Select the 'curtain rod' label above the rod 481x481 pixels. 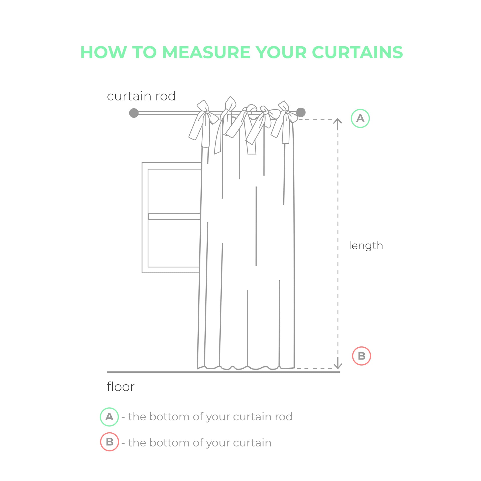pyautogui.click(x=141, y=96)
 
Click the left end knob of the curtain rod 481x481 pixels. pyautogui.click(x=134, y=113)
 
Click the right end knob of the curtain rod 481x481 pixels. pyautogui.click(x=301, y=112)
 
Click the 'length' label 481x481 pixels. pyautogui.click(x=366, y=246)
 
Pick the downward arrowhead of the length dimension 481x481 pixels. pyautogui.click(x=338, y=366)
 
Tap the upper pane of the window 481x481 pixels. pyautogui.click(x=174, y=191)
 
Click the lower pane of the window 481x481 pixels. pyautogui.click(x=174, y=243)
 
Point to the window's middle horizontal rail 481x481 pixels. pyautogui.click(x=174, y=216)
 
